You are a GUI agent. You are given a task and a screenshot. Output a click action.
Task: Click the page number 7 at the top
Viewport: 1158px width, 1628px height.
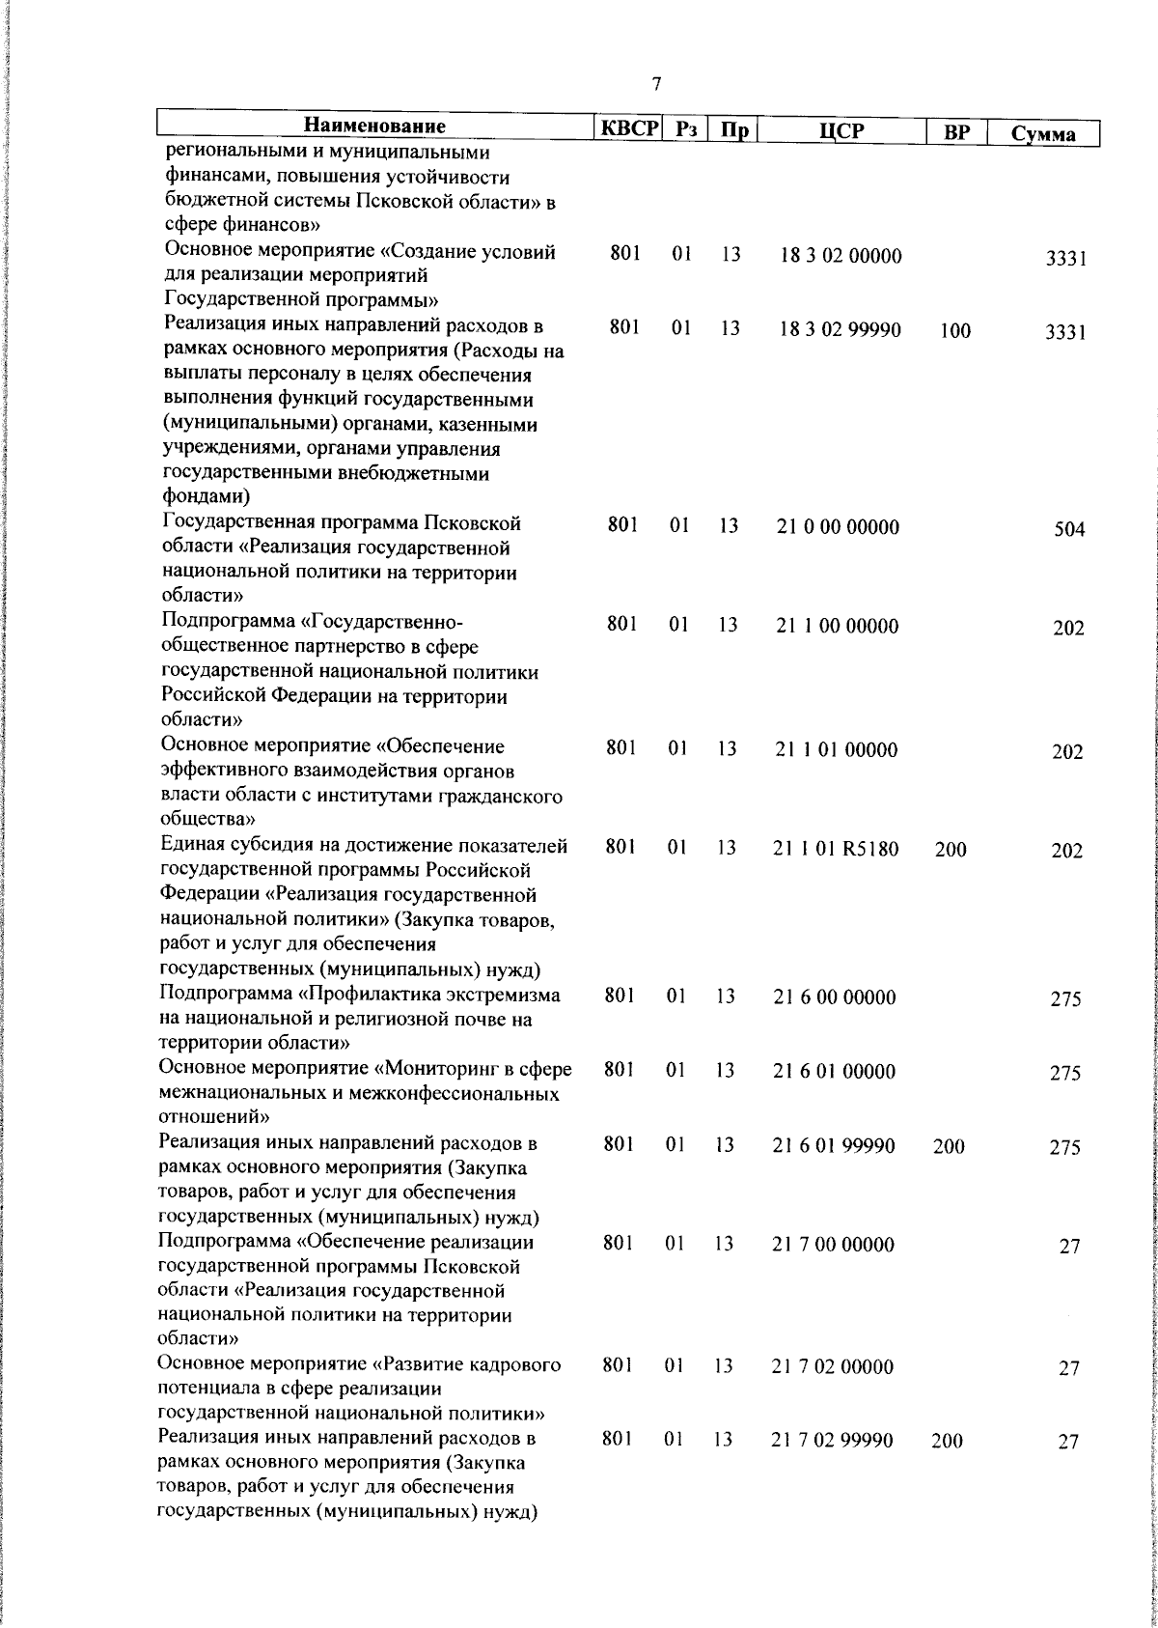pos(657,84)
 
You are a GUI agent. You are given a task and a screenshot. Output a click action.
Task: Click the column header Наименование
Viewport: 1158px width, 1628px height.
pos(374,126)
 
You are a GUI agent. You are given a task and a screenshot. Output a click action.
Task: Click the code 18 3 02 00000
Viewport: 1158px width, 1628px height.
pos(841,257)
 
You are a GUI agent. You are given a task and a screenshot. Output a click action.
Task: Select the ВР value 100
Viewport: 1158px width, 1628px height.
pos(955,331)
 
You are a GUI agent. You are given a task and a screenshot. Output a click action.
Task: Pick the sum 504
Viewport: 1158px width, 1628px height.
pos(1069,530)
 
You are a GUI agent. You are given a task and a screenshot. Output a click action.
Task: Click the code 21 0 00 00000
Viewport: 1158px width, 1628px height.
pos(838,527)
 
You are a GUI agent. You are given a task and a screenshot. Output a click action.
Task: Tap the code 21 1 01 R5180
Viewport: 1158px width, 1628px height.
pos(836,850)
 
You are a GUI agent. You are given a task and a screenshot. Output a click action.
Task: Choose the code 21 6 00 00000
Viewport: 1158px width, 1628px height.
pos(835,997)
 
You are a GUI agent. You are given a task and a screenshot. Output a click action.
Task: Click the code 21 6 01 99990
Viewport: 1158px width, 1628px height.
pos(834,1145)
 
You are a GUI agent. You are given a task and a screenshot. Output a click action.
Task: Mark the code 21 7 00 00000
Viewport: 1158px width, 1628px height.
pos(834,1245)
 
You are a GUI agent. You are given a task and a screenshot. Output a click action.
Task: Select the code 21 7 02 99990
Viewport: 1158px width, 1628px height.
pos(832,1441)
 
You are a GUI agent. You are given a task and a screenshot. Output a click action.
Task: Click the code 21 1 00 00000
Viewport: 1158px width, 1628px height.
pos(837,627)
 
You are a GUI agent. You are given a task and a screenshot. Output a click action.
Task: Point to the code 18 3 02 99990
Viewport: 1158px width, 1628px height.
pos(841,330)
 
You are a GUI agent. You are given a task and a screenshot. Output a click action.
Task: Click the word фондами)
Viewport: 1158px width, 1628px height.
pos(206,497)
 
